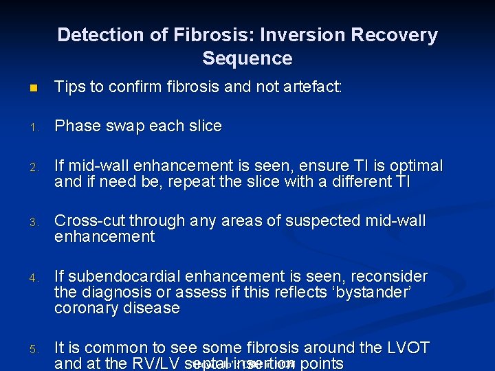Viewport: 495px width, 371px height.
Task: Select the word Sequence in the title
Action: point(247,58)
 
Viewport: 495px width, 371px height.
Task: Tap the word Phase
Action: point(76,126)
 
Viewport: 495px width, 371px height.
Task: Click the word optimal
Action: point(415,166)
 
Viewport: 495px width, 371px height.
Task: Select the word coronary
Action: point(84,308)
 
